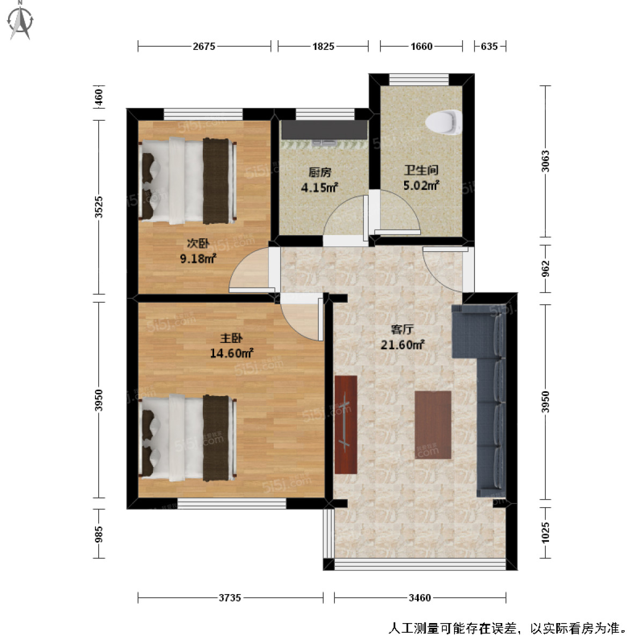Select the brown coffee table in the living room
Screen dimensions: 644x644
(433, 425)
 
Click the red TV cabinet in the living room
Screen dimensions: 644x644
(346, 425)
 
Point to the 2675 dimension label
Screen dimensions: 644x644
(204, 46)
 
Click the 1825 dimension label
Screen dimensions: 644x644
(323, 46)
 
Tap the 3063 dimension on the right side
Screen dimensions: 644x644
(545, 161)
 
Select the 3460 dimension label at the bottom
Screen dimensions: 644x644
(420, 597)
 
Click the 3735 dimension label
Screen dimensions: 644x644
(230, 597)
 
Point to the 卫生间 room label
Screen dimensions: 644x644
(421, 171)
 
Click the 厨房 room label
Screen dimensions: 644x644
(319, 172)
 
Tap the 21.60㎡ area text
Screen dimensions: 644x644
(402, 345)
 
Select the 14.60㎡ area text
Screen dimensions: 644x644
(231, 353)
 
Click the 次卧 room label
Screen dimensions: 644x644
(197, 244)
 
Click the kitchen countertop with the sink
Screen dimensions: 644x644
(324, 130)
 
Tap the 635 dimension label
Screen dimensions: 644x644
(489, 46)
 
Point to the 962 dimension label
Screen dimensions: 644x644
(545, 268)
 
